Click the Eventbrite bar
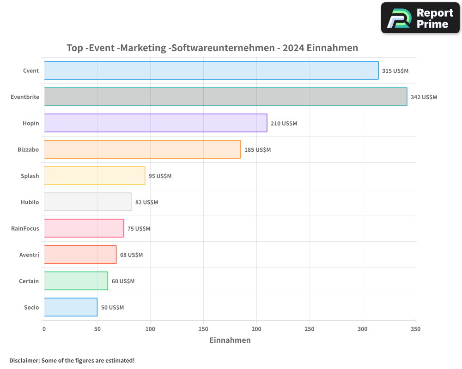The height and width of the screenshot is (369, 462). [225, 97]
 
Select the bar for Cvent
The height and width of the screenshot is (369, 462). [211, 71]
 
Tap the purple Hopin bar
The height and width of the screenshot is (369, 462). [155, 123]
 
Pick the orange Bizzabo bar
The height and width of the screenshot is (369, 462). [142, 149]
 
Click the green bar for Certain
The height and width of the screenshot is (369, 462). [76, 281]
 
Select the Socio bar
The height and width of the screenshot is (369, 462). [70, 307]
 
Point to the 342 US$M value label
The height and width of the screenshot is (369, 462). [424, 97]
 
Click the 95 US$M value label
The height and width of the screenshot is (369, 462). [160, 176]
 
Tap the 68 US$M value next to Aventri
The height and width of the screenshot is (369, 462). [131, 255]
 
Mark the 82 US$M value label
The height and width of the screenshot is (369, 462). [146, 202]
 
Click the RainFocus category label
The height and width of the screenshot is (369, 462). [25, 228]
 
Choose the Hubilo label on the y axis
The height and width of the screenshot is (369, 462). [30, 202]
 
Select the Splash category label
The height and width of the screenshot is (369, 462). [30, 176]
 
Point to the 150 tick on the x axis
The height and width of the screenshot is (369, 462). [203, 329]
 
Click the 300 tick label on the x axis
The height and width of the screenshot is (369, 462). [363, 329]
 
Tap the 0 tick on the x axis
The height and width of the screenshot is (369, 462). [44, 329]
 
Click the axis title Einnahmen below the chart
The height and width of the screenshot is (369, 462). [230, 340]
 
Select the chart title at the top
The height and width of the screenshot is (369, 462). [213, 48]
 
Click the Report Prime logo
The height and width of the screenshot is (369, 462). [420, 18]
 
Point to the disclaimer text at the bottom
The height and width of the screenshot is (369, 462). [72, 360]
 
